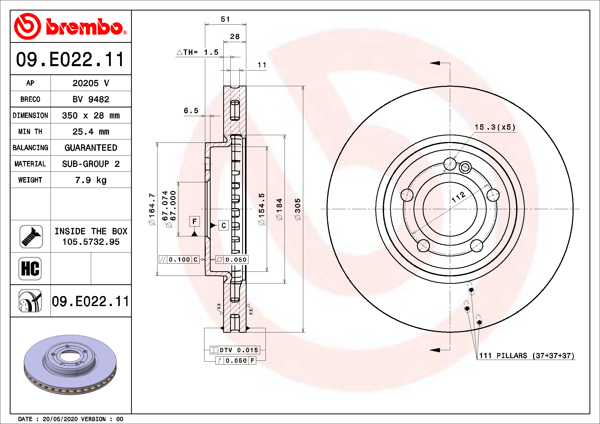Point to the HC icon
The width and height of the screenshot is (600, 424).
(x=30, y=268)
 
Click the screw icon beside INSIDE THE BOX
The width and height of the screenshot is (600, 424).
(x=31, y=237)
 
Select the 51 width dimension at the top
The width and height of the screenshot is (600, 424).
(x=225, y=19)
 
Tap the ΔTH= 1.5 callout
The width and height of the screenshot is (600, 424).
(x=198, y=52)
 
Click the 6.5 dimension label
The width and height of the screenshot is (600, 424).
(x=191, y=111)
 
